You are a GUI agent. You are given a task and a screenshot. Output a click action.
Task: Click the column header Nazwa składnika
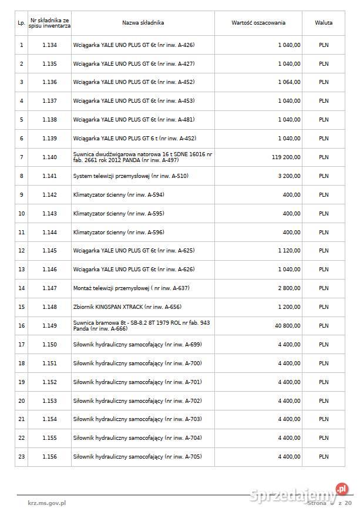coord(143,23)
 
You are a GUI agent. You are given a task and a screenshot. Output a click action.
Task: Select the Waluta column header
coord(323,23)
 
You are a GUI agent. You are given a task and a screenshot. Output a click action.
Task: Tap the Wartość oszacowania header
coord(258,23)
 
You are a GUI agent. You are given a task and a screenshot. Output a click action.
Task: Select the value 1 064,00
coord(289,82)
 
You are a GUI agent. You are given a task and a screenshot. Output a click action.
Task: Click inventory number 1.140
coord(50,157)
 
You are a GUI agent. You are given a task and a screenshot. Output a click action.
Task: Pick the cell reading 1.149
coord(50,325)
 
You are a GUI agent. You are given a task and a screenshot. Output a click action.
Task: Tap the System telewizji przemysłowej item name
coord(130,176)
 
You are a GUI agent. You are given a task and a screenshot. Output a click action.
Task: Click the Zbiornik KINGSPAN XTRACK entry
coord(127,307)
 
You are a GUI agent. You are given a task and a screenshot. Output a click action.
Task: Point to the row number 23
coord(22,457)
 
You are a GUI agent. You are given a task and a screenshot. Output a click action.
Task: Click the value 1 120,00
coord(289,251)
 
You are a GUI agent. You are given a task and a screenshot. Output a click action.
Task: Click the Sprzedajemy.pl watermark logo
coord(300,496)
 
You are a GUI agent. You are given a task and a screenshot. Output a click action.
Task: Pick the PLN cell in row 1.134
coord(324,45)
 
